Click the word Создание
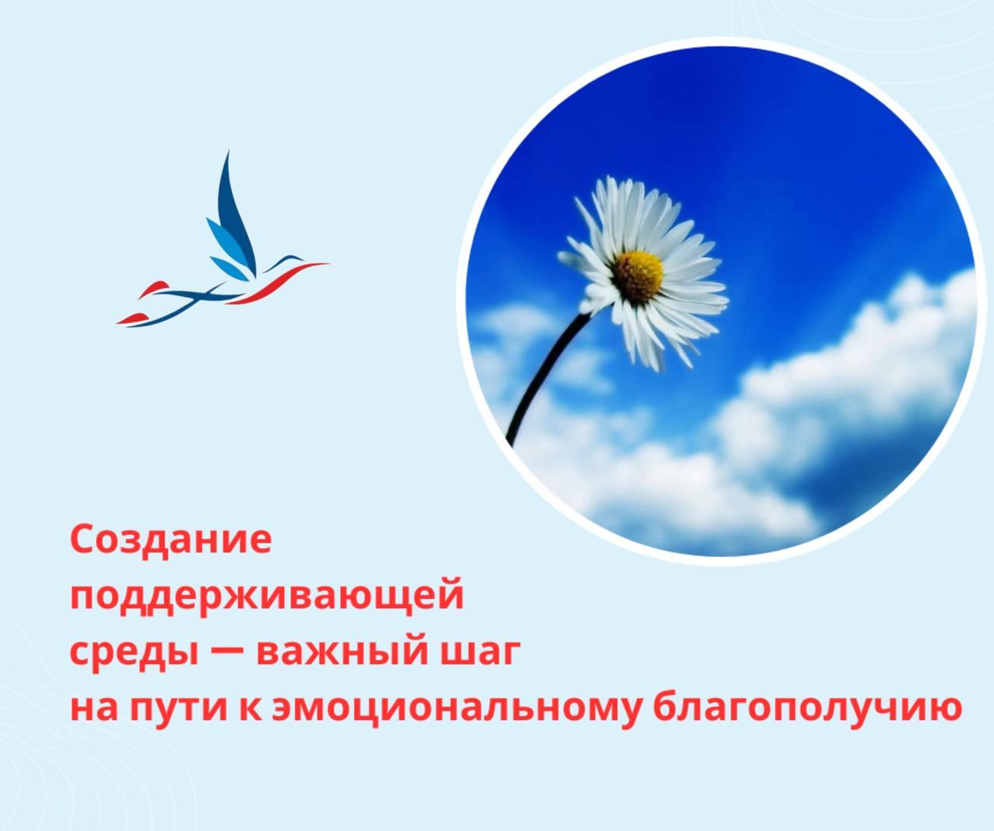(x=171, y=540)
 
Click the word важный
(x=335, y=653)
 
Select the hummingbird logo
(x=225, y=248)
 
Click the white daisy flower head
(x=641, y=272)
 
